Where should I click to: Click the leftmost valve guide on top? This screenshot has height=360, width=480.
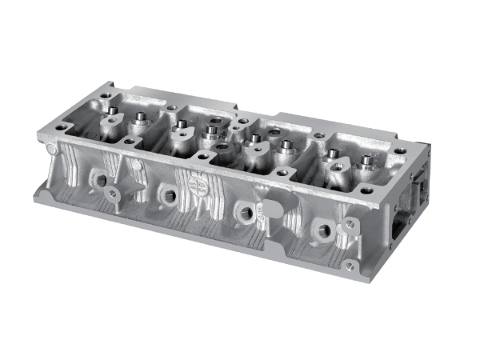click(113, 110)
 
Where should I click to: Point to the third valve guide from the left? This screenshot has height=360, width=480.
click(182, 124)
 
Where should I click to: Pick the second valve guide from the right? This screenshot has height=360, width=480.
click(333, 152)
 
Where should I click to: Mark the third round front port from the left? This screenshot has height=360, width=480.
click(242, 212)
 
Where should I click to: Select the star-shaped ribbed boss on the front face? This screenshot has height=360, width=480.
click(112, 194)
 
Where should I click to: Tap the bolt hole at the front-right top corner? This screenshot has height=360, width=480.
click(367, 191)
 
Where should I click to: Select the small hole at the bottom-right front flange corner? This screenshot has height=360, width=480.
click(349, 265)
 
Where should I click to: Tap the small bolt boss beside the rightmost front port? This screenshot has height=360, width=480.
click(348, 225)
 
